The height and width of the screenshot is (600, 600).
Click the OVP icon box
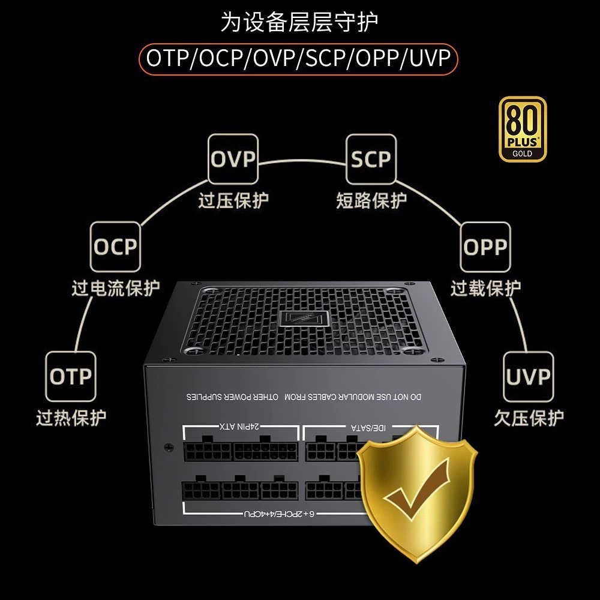[233, 159]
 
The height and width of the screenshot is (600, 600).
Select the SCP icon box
[371, 159]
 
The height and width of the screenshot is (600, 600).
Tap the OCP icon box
[115, 247]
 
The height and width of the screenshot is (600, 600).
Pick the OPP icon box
[485, 247]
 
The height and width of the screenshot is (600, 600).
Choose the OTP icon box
[71, 376]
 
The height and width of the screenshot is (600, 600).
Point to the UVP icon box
[528, 376]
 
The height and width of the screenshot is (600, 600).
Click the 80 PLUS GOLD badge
[523, 129]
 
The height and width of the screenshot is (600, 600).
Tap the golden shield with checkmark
[417, 494]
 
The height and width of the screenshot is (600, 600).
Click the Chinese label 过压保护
[233, 200]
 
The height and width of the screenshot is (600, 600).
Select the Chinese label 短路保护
[371, 200]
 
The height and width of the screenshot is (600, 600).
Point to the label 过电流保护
[116, 288]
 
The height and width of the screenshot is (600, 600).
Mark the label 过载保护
[485, 288]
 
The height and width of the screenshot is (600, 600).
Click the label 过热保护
[71, 418]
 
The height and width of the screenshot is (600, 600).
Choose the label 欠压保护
[529, 418]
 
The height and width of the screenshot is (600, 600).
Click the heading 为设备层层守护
[299, 22]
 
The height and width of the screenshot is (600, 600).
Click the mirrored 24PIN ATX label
[240, 426]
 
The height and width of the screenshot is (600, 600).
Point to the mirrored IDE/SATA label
[368, 427]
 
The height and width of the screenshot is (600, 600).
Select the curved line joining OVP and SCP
[302, 160]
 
